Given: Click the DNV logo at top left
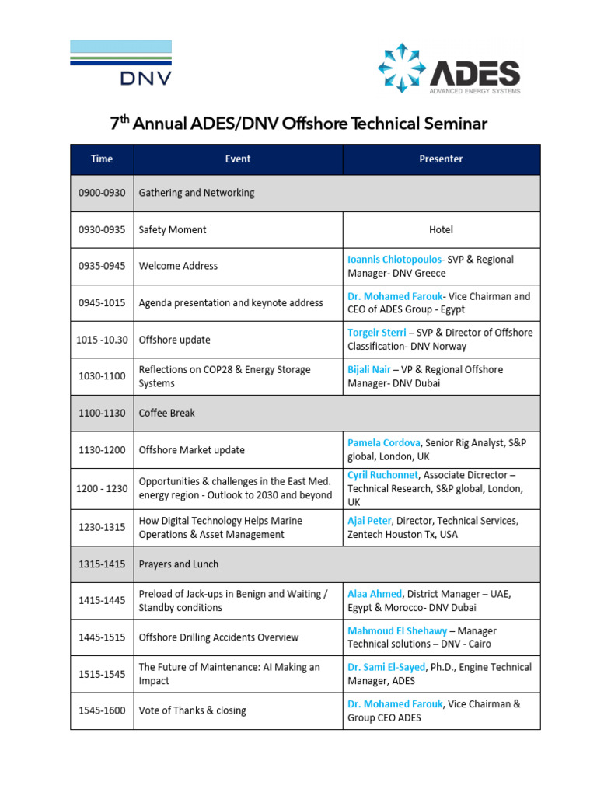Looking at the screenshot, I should tap(120, 62).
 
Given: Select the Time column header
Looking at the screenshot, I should tap(102, 159).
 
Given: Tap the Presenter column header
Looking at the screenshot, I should tap(441, 159).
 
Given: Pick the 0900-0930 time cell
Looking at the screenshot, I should tap(102, 193).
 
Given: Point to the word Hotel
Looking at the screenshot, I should tap(441, 230).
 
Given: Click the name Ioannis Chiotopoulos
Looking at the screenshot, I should tap(395, 259).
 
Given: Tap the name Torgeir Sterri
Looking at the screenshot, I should tap(377, 333).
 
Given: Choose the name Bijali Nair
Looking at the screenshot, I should tap(369, 369).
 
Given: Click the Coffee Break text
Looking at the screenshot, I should tap(166, 413).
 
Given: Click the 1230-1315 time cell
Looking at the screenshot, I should tap(102, 528).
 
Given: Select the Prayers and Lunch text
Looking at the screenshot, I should tap(179, 564).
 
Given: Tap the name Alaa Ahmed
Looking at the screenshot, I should tap(375, 593).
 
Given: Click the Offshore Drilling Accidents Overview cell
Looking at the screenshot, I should tap(218, 637).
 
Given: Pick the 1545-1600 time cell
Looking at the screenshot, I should tap(102, 710).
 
